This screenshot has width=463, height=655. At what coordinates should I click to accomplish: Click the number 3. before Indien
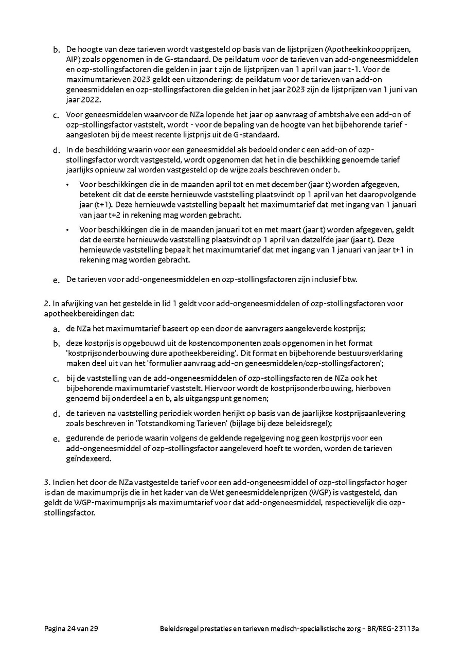47,483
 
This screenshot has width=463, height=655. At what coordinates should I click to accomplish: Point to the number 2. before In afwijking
47,304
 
